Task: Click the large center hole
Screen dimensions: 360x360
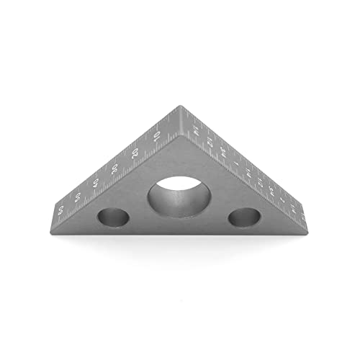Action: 179,196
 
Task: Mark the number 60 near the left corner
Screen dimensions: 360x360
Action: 60,210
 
